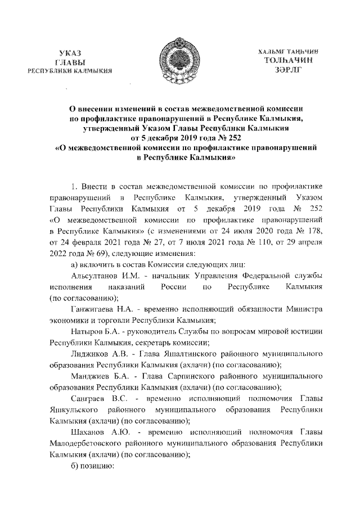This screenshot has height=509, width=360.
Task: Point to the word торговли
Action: click(x=111, y=321)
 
